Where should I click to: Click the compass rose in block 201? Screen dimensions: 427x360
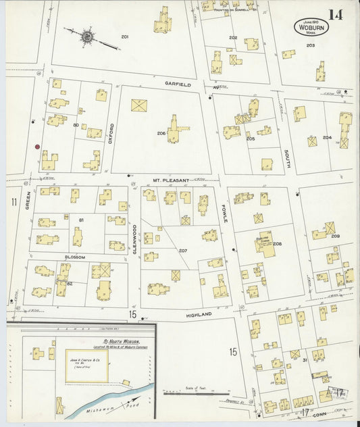tap(87, 34)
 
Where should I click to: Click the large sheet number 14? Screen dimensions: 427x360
tap(336, 15)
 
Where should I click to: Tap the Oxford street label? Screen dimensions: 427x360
tap(111, 134)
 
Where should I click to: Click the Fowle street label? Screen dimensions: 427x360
tap(224, 214)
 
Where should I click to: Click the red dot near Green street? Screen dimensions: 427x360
tap(37, 146)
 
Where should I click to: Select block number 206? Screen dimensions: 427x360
tap(161, 133)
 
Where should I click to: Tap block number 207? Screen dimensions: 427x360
tap(182, 251)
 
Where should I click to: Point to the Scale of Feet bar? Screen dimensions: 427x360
tap(196, 393)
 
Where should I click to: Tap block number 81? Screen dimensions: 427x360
tap(81, 221)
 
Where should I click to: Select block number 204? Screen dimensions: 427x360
tap(327, 137)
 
